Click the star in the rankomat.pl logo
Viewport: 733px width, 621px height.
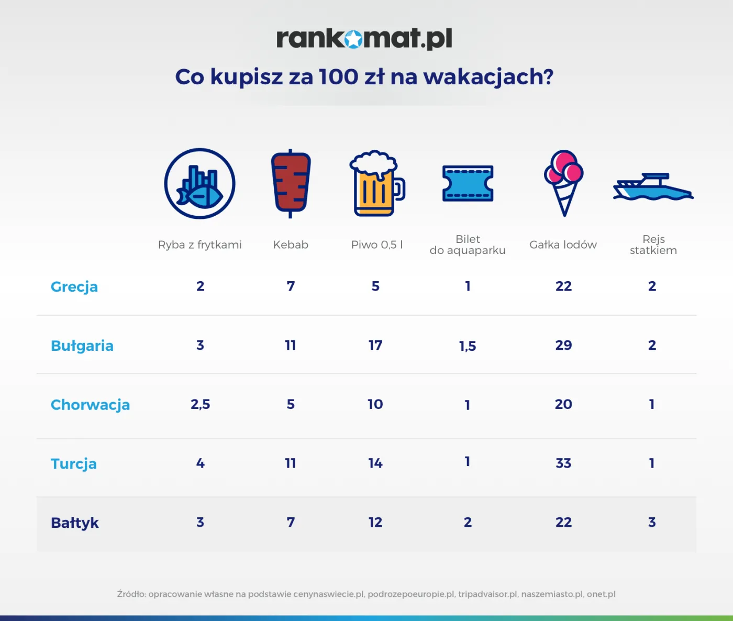tap(354, 39)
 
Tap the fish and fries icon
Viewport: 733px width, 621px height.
tap(199, 183)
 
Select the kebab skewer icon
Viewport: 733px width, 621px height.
tap(291, 183)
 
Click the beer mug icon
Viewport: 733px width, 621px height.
tap(376, 183)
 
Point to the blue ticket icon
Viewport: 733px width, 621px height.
tap(468, 183)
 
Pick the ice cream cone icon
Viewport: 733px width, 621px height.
tap(563, 182)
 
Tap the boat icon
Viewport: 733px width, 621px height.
tap(653, 187)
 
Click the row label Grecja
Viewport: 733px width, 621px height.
tap(74, 287)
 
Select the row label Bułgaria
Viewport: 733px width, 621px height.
tap(82, 346)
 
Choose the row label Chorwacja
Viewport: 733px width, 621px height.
tap(90, 405)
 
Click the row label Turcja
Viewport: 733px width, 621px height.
tap(74, 464)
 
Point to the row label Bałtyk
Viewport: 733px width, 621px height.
tap(75, 523)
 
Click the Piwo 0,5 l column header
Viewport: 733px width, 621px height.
tap(377, 245)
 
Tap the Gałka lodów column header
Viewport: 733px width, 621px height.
tap(563, 245)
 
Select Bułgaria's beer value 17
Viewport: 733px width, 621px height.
tap(375, 345)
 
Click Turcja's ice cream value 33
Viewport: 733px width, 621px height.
tap(563, 463)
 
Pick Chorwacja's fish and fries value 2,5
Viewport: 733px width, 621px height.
tap(200, 404)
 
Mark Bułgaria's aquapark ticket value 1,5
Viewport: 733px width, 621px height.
tap(468, 346)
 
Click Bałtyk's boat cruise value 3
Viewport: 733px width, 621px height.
tap(652, 522)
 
